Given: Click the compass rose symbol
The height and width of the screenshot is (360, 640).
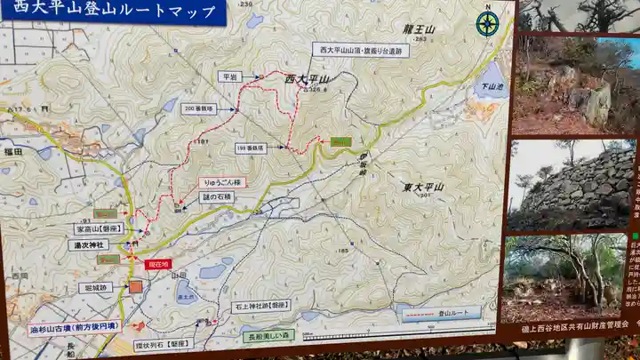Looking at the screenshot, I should click(x=486, y=23).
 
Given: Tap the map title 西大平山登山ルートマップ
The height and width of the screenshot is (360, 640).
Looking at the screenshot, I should click(x=111, y=12).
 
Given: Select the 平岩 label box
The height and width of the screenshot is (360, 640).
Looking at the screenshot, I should click(x=229, y=76).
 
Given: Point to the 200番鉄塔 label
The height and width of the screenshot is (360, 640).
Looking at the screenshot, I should click(x=199, y=108).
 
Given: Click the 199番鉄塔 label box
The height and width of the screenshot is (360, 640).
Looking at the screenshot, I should click(x=253, y=147).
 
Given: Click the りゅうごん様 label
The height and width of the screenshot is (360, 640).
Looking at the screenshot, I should click(x=222, y=182).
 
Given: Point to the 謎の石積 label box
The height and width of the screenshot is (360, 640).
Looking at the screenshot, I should click(x=218, y=197).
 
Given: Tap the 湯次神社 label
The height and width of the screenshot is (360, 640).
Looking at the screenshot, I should click(x=92, y=244).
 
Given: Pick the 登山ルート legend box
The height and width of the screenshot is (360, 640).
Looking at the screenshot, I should click(x=441, y=313).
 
